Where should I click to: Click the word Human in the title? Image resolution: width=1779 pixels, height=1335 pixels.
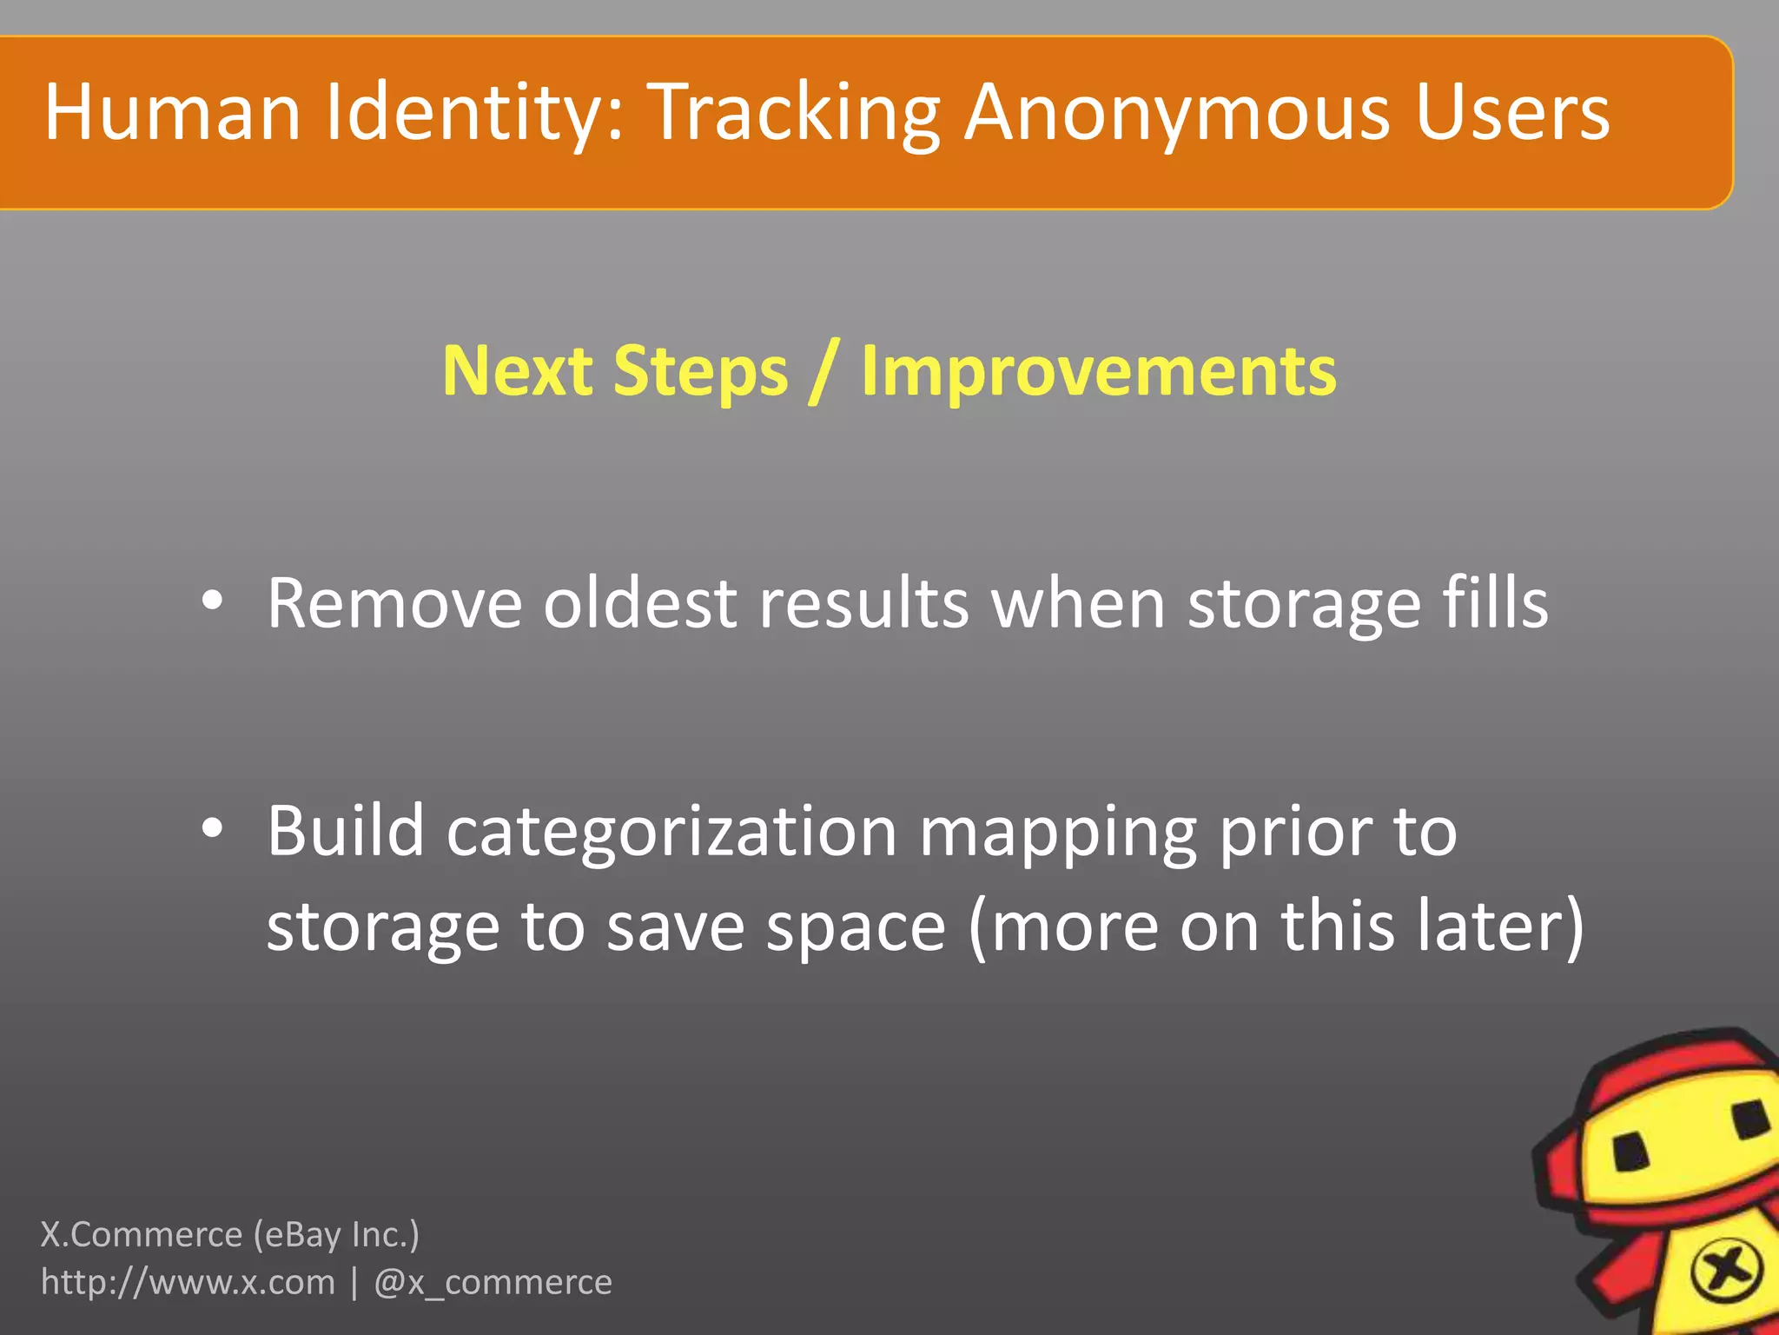[172, 112]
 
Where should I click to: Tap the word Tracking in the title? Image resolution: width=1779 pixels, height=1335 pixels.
[795, 112]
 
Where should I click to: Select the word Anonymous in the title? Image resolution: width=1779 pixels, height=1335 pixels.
[1178, 112]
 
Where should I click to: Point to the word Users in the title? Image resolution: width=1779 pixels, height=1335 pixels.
[1512, 112]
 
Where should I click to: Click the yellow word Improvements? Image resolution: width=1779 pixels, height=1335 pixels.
[1099, 371]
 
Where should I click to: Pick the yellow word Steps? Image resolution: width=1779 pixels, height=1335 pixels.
[700, 371]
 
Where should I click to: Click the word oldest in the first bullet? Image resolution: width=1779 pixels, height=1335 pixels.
[639, 603]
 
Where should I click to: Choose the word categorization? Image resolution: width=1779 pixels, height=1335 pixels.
[671, 833]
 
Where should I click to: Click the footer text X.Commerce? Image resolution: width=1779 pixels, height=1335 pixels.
[142, 1234]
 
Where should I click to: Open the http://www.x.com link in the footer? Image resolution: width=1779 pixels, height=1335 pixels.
[188, 1283]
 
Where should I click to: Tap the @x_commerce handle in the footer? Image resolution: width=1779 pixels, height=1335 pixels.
[493, 1283]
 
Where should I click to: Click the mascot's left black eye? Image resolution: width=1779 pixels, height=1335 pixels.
[1630, 1153]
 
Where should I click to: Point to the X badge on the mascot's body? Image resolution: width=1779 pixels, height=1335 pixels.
[1725, 1272]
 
